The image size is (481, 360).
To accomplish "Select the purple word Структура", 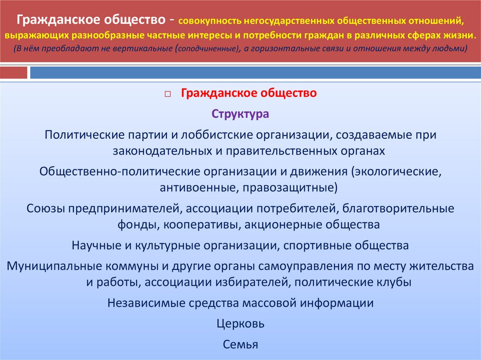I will (x=240, y=114).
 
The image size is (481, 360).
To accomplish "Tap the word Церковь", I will (x=240, y=324).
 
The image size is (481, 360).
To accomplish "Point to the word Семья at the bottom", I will (x=240, y=345).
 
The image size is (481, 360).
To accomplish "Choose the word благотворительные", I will (x=399, y=208).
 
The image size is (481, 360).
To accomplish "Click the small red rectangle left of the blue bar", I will (x=14, y=73).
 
